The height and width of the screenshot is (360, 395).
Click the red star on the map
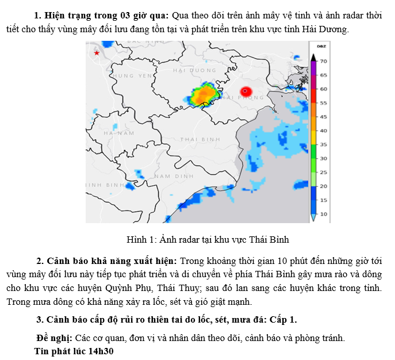[x=97, y=53]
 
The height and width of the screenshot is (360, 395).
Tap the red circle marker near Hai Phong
[x=246, y=91]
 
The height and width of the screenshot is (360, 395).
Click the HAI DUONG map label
[x=193, y=70]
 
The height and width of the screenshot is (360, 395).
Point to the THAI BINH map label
[x=200, y=139]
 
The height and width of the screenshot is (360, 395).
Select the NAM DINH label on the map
[x=174, y=175]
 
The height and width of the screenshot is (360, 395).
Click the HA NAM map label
[x=118, y=133]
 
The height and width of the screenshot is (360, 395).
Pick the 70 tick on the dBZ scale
[x=324, y=61]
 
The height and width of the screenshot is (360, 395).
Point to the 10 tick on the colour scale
[x=324, y=214]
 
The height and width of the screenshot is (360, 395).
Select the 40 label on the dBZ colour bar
[x=324, y=131]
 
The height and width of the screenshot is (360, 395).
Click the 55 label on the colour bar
[x=324, y=103]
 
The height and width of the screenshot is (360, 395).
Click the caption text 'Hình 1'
[x=137, y=239]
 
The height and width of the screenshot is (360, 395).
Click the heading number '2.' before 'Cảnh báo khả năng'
[x=40, y=261]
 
